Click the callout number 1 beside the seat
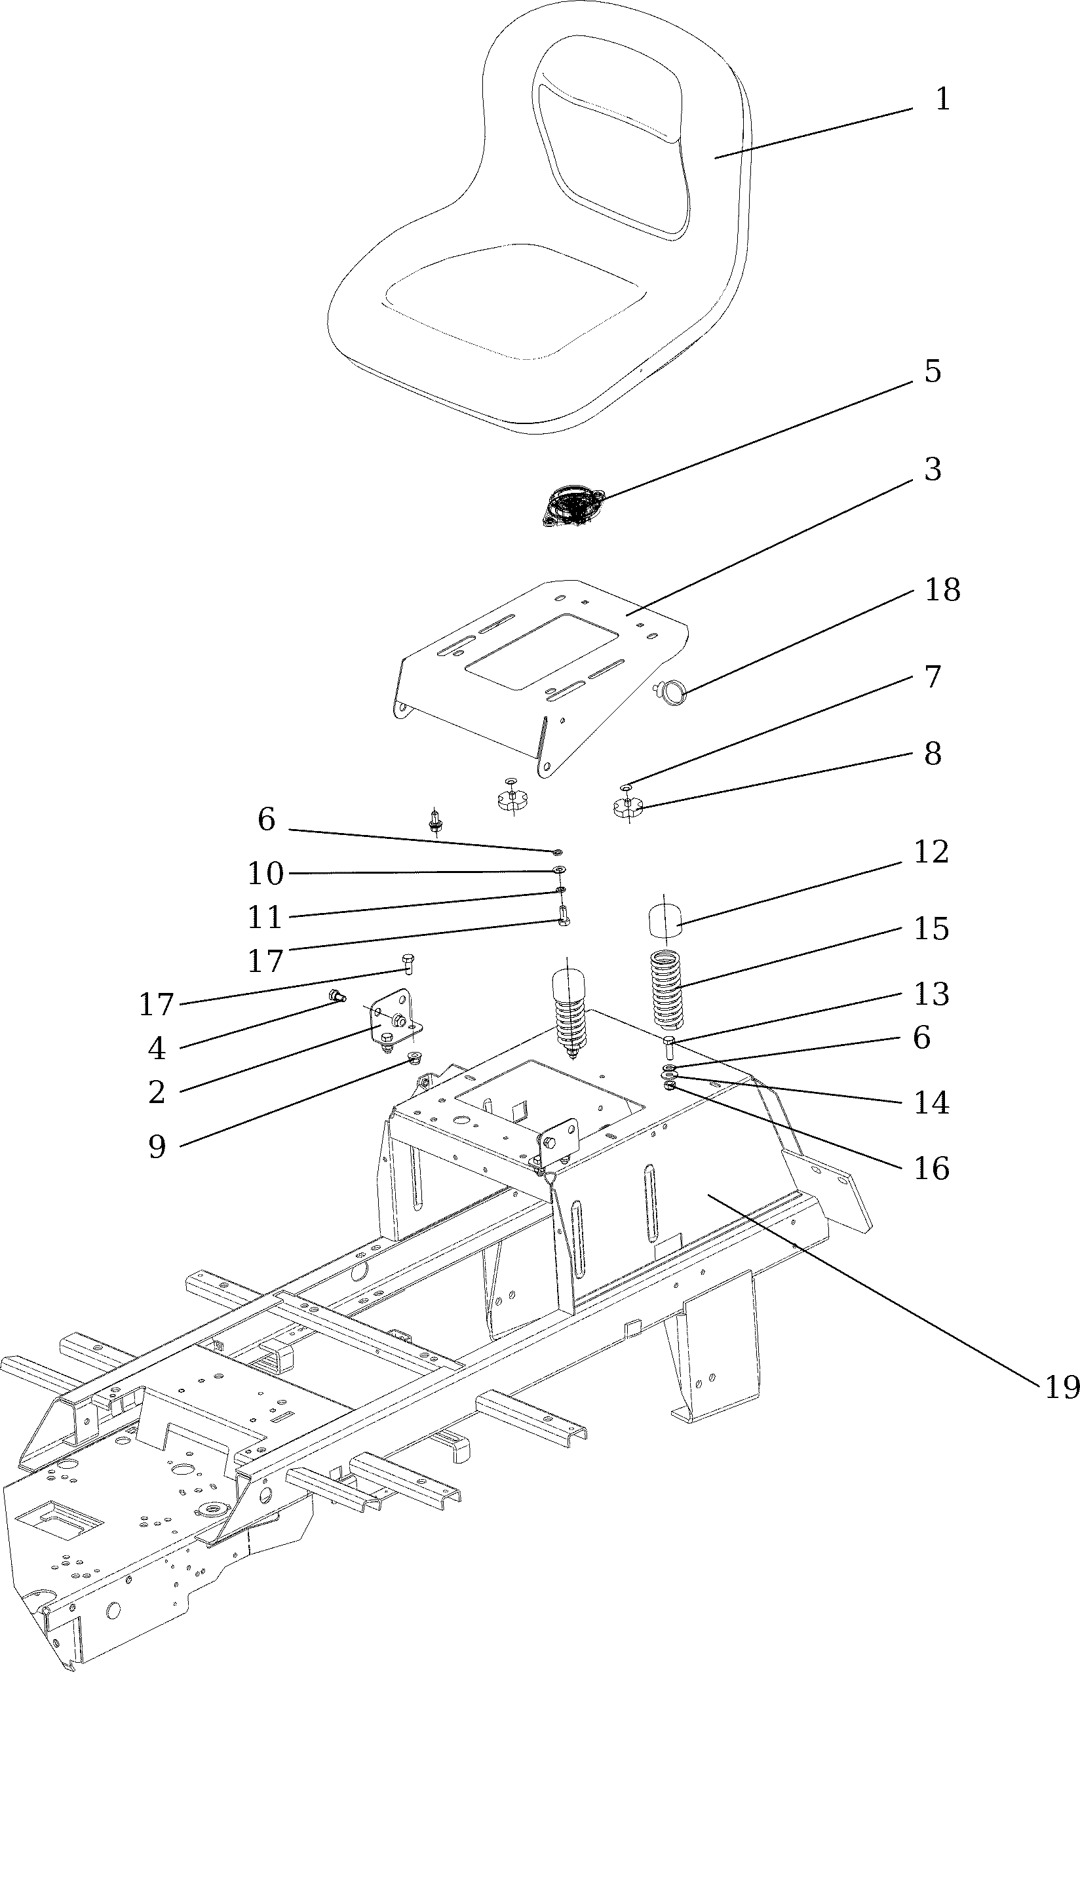(942, 100)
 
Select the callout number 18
(942, 590)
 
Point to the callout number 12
(931, 852)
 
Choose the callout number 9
(157, 1147)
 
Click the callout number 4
(157, 1049)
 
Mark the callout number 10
(265, 874)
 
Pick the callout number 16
(931, 1169)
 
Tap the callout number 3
(933, 469)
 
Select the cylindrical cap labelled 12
(665, 922)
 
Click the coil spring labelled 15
(666, 990)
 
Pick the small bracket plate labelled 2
(394, 1019)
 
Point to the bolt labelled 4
(337, 996)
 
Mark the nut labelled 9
(415, 1057)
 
